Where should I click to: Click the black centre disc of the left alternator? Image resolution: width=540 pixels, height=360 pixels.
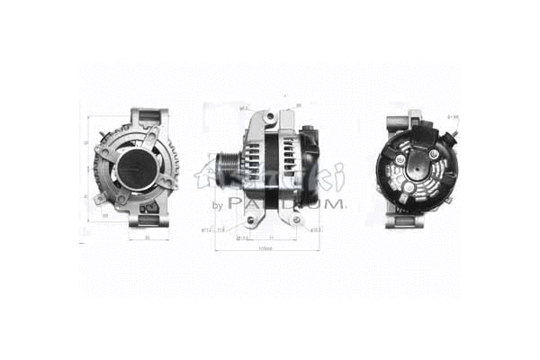(137, 168)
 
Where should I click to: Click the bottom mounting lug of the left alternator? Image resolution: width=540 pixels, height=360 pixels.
(145, 218)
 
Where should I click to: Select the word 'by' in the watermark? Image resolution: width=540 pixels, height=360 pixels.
(216, 205)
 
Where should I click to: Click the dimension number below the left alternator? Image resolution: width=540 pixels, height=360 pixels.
(145, 238)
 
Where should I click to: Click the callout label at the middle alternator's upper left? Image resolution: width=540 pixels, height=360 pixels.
(243, 107)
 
